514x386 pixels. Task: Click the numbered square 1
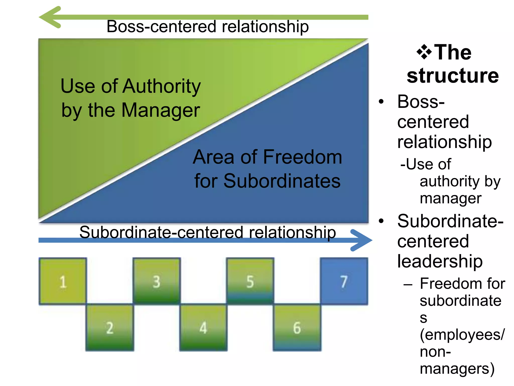point(63,281)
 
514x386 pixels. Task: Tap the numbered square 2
point(110,327)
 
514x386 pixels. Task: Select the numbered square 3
point(157,281)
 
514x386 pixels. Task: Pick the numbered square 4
point(203,327)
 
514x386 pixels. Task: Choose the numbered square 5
point(250,281)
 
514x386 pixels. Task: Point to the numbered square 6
point(297,327)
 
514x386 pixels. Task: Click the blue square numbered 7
point(344,281)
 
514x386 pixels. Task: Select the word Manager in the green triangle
point(161,110)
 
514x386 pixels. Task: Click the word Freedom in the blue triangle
point(302,157)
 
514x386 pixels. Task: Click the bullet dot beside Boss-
point(381,102)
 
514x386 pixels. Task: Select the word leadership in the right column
point(440,261)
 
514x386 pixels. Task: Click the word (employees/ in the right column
point(462,334)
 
